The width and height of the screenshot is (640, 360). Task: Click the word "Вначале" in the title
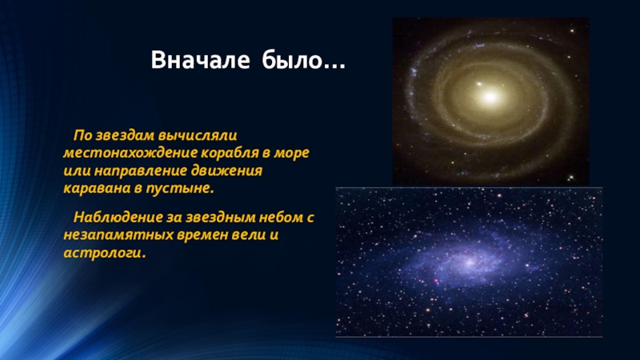[200, 60]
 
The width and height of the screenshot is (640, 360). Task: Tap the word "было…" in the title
[303, 60]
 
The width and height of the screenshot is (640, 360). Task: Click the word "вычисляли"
[198, 135]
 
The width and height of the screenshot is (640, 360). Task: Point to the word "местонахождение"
[130, 153]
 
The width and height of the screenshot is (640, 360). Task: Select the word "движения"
[226, 170]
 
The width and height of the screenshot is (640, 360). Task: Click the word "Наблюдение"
[118, 217]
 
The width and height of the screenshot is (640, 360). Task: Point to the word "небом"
[283, 217]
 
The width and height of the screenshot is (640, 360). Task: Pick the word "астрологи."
[105, 253]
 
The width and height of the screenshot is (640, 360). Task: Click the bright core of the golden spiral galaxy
[490, 96]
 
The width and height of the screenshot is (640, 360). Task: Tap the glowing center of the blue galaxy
[469, 262]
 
